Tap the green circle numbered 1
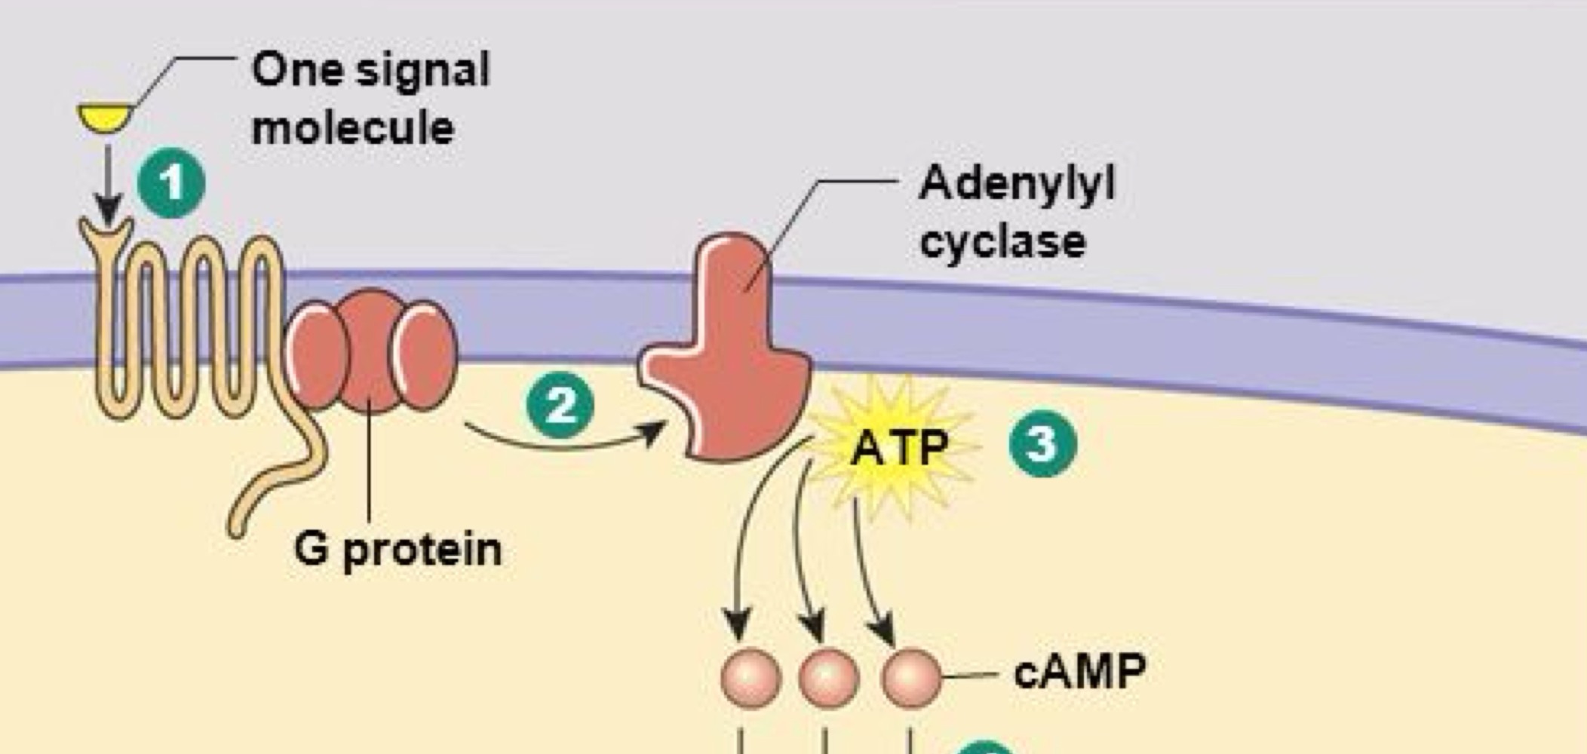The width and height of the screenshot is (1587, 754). [171, 183]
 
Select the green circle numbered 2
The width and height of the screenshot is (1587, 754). [560, 406]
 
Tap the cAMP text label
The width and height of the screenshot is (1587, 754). [1079, 670]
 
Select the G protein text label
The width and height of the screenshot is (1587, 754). [398, 550]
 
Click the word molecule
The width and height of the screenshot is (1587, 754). [352, 127]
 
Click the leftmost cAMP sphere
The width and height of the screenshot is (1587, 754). [751, 677]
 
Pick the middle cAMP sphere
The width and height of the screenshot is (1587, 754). [828, 677]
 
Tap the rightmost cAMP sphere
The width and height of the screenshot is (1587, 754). [911, 677]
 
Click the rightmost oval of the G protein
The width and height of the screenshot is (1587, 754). [425, 354]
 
